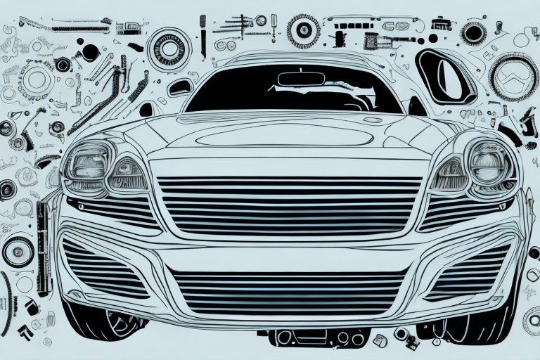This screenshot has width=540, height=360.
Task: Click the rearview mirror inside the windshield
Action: (x=300, y=78)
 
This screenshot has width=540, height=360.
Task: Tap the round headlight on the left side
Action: (x=88, y=167)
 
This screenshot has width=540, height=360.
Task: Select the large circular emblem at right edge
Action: (x=513, y=77)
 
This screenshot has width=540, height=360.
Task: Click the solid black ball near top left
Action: (x=90, y=52)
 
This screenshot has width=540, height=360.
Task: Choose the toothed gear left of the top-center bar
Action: (x=304, y=30)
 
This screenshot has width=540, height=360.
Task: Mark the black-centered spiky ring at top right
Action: (x=474, y=32)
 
